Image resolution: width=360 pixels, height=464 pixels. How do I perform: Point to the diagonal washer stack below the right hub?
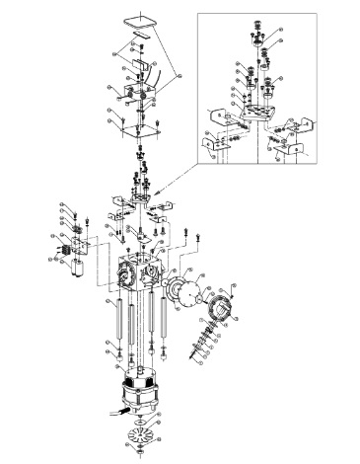(208, 341)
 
